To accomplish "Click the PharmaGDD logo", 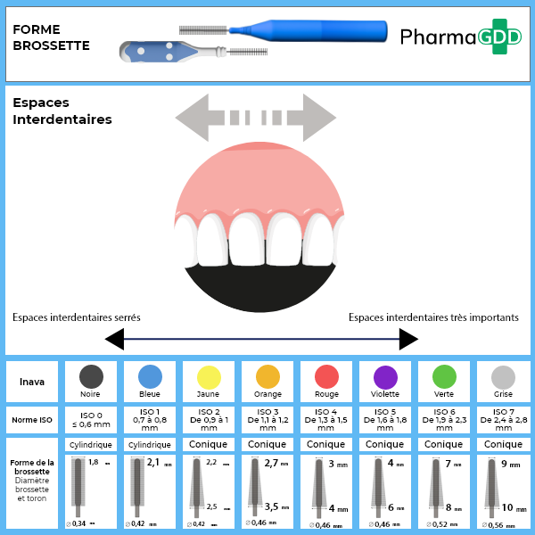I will pos(460,37).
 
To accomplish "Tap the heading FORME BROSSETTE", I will pos(51,37).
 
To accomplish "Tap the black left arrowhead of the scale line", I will pos(114,339).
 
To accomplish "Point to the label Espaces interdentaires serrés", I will pos(77,317).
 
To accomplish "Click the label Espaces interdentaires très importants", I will pos(433,317).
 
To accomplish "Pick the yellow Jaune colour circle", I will pos(208,376).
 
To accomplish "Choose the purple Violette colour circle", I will pos(385,376).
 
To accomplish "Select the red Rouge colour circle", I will pos(326,376).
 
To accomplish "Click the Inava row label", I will pos(32,382).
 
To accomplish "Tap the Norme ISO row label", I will pos(32,419).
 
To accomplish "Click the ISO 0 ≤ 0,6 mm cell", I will pos(90,419).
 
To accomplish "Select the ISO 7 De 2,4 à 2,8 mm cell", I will pos(504,419).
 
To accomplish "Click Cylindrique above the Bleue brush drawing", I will pos(149,444).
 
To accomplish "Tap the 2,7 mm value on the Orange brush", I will pos(273,463).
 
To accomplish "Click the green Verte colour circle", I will pos(444,376).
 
